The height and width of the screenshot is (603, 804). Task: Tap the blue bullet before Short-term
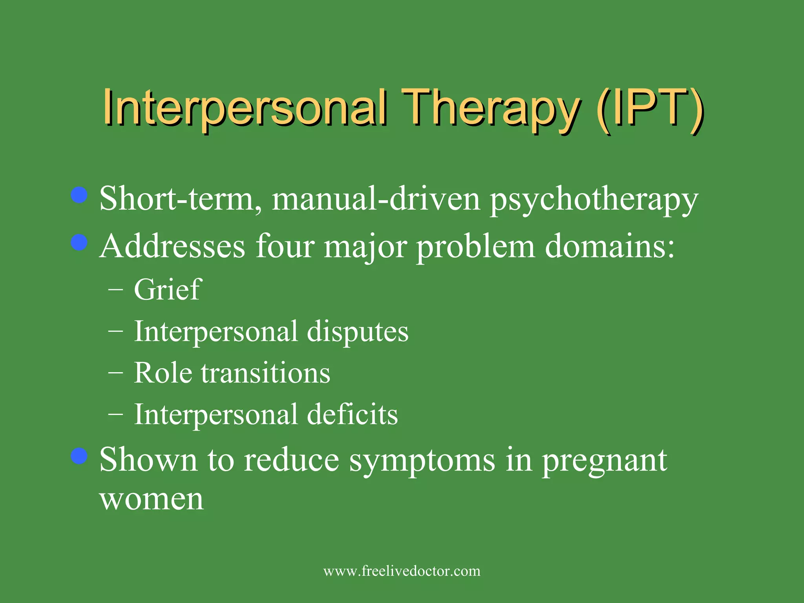pyautogui.click(x=79, y=195)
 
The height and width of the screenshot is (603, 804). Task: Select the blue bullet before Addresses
pyautogui.click(x=79, y=242)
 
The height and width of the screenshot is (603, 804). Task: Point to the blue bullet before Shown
pyautogui.click(x=79, y=456)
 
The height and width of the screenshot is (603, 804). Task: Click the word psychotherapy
pyautogui.click(x=594, y=199)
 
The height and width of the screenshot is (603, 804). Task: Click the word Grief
pyautogui.click(x=168, y=289)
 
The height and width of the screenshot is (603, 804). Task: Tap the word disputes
pyautogui.click(x=357, y=332)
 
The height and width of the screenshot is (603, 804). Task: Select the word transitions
pyautogui.click(x=266, y=373)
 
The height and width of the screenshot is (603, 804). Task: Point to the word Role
pyautogui.click(x=163, y=373)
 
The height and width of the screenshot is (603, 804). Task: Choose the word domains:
pyautogui.click(x=610, y=246)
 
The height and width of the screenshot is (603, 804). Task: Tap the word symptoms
pyautogui.click(x=422, y=460)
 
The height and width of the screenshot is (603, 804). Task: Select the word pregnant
pyautogui.click(x=605, y=460)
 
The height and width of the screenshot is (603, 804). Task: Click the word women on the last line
pyautogui.click(x=152, y=500)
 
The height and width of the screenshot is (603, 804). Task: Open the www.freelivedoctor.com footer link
pyautogui.click(x=402, y=571)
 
